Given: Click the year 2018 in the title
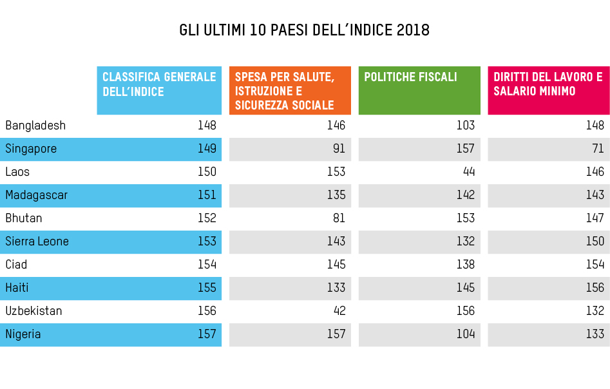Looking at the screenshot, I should (412, 31).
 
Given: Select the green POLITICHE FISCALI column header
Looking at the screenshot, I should (419, 90).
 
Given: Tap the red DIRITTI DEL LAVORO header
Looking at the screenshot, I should (548, 90).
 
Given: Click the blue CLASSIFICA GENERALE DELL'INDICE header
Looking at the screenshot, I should (159, 90).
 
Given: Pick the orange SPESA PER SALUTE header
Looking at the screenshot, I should (290, 90).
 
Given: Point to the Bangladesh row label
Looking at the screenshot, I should (35, 126).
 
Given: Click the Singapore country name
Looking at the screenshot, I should (31, 149).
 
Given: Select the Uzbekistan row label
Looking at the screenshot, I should (33, 311).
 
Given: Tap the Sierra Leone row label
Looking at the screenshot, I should (37, 242).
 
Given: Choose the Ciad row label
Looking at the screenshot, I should (16, 265).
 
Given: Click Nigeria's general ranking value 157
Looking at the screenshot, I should (207, 334).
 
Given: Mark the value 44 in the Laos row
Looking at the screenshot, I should (468, 172).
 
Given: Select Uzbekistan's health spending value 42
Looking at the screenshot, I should (339, 311).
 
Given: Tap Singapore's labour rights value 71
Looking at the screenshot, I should (598, 149).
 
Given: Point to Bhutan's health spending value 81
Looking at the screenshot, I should (339, 218).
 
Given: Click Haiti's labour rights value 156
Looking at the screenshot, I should (595, 288).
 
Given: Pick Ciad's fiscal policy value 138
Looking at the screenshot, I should (465, 265).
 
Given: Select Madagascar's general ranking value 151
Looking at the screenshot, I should (207, 195).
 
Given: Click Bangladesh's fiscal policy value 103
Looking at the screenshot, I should (465, 126).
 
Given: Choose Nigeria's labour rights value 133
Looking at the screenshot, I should (595, 334).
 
